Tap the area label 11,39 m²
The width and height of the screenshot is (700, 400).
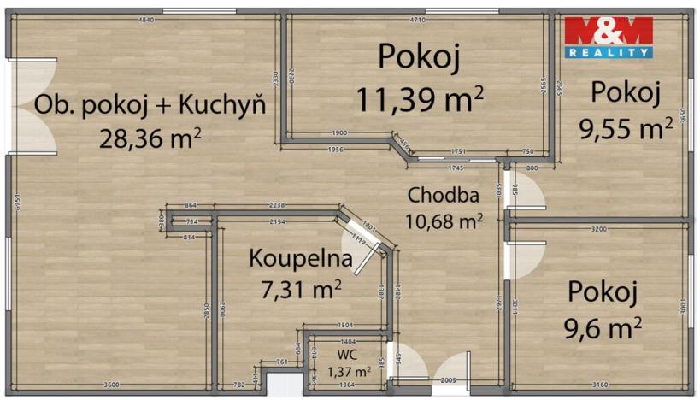pyautogui.click(x=420, y=98)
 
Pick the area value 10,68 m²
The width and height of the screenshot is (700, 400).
pyautogui.click(x=444, y=222)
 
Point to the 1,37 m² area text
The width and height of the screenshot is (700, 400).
pyautogui.click(x=349, y=372)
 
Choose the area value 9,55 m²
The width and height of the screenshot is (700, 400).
pyautogui.click(x=626, y=128)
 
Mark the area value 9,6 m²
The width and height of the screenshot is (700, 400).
pyautogui.click(x=603, y=326)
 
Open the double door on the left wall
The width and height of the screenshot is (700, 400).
pyautogui.click(x=32, y=106)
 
